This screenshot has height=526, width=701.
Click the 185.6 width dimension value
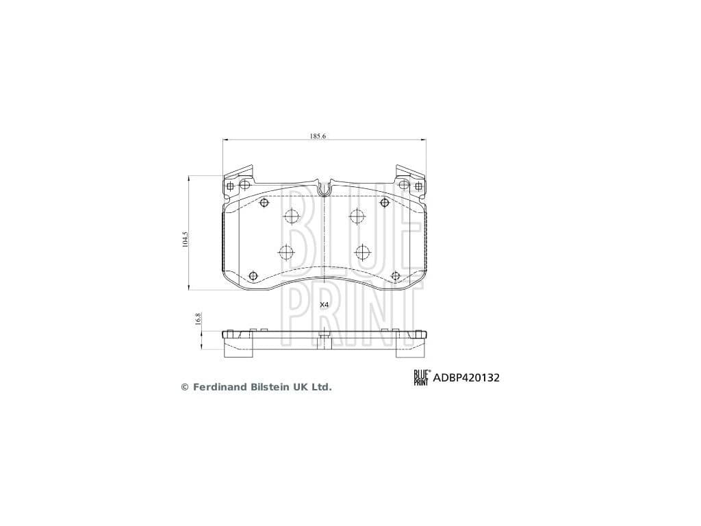(x=318, y=136)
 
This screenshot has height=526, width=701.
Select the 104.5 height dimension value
(x=185, y=240)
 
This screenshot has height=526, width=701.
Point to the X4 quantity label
(x=324, y=305)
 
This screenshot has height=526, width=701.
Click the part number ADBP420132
(x=466, y=378)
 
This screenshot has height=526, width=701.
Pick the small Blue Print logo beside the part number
(x=422, y=377)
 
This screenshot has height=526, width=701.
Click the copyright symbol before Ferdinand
(x=185, y=388)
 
